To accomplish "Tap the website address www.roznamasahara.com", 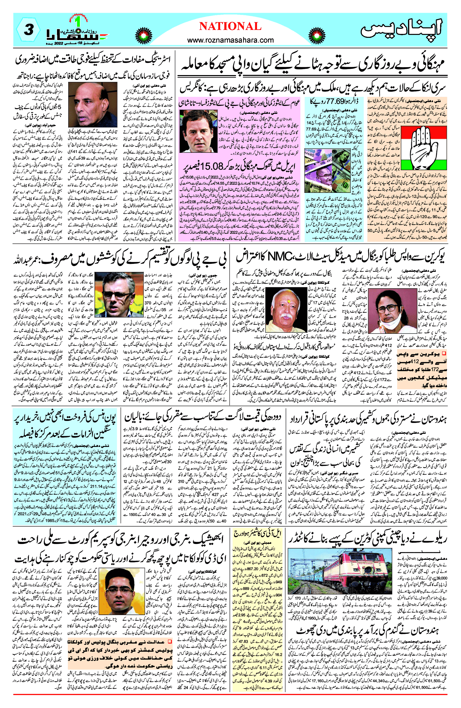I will coord(230,40).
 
